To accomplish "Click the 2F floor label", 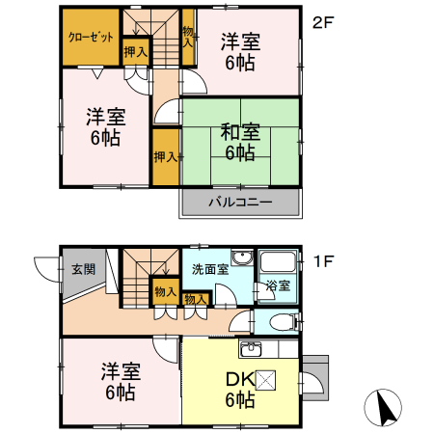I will (x=323, y=22).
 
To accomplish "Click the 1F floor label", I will (x=323, y=261).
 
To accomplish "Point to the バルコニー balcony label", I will (x=240, y=203).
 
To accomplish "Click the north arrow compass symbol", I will (x=385, y=409).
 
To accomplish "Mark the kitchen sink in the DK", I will (x=253, y=348).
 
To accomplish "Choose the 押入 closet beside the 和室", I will (x=165, y=155).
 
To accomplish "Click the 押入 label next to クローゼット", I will (x=135, y=52).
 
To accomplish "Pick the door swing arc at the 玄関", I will (x=44, y=269).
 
